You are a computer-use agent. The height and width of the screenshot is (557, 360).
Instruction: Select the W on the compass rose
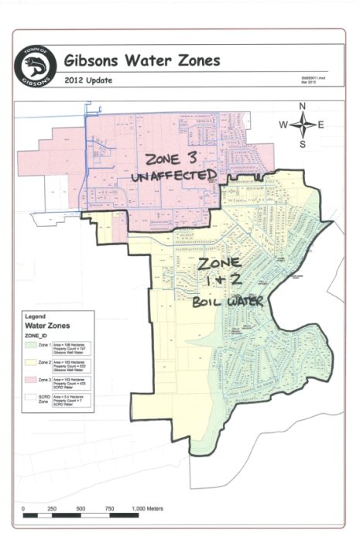coord(284,125)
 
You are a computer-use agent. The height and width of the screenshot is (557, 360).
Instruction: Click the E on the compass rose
coord(321,125)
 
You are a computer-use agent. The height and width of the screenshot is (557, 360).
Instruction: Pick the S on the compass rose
coord(303,144)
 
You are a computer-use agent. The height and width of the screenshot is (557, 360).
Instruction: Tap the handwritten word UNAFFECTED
coord(172,177)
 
